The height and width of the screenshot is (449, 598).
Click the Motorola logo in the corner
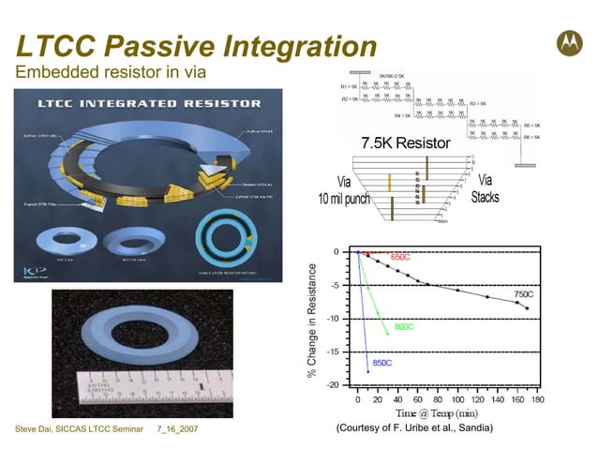569,40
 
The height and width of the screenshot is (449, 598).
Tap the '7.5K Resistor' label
405,143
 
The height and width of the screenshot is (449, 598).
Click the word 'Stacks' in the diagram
485,197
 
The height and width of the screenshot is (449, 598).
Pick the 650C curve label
401,257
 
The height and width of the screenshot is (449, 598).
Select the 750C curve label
524,294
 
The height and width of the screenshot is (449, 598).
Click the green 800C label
405,327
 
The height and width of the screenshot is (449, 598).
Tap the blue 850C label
382,362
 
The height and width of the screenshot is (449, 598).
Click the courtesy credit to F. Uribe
413,428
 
